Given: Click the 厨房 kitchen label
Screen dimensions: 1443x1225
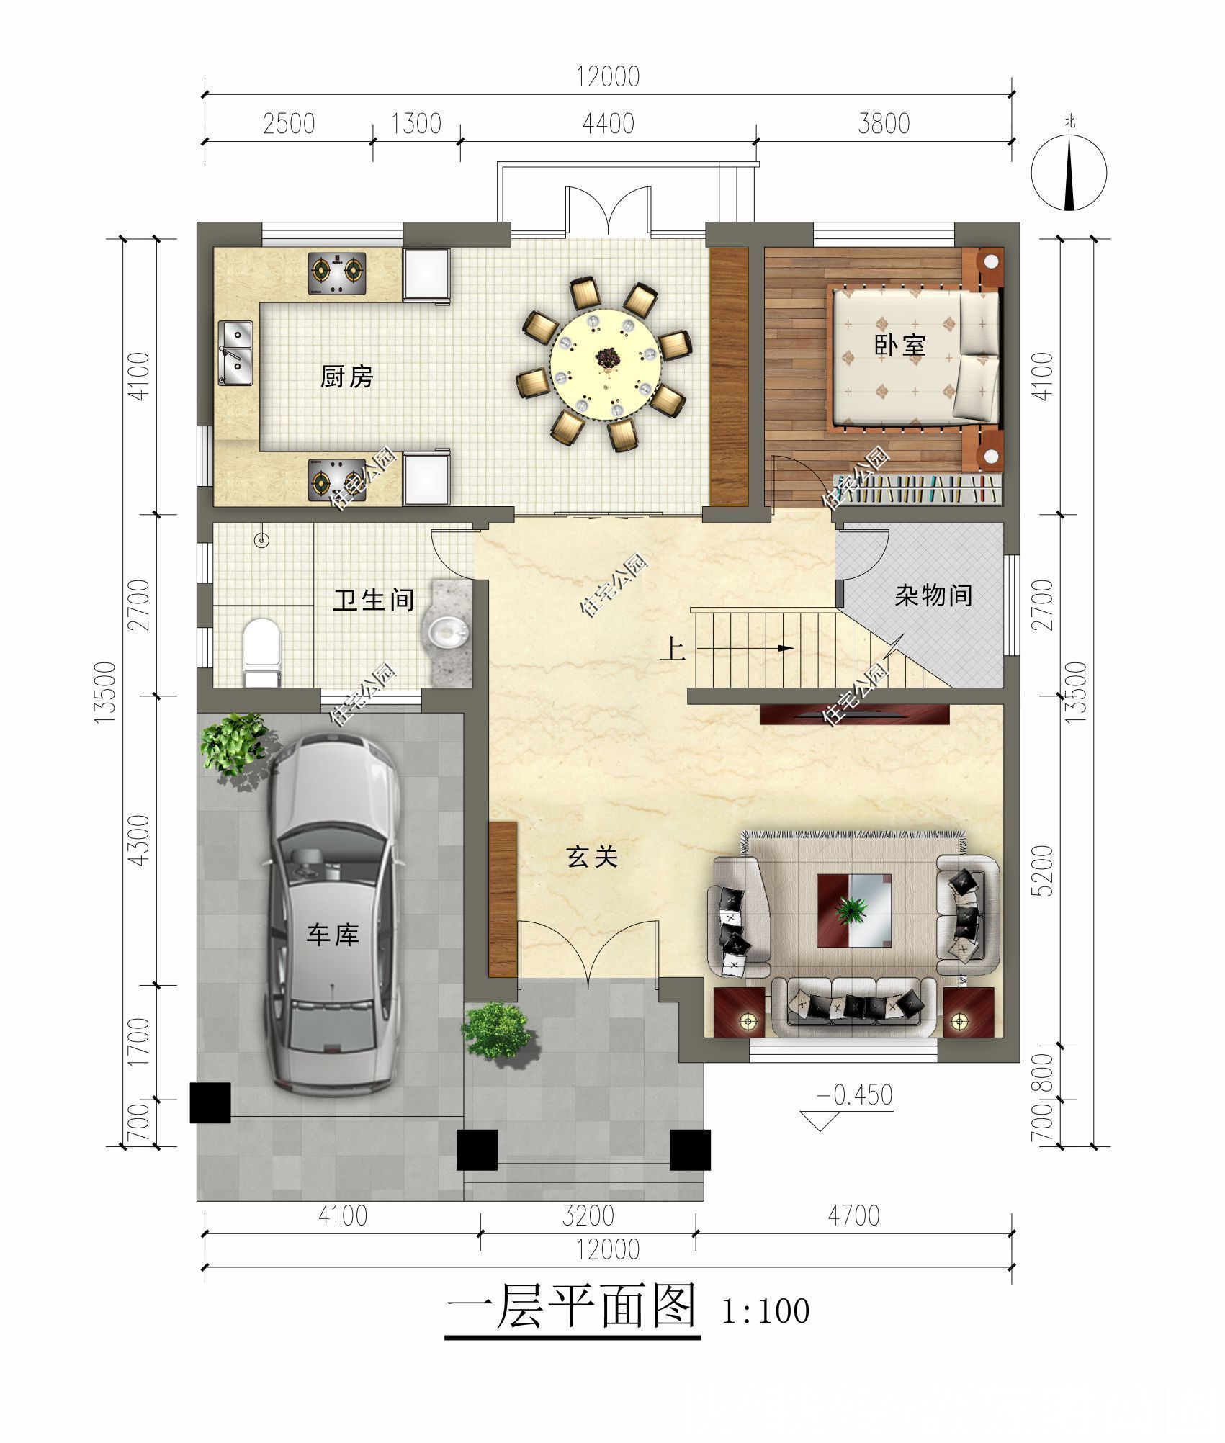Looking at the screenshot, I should coord(347,377).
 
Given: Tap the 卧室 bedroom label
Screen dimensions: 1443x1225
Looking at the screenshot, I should coord(899,345).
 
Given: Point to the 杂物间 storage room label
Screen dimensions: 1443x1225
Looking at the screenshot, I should coord(933,595).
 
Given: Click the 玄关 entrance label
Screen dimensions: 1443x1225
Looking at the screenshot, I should coord(592,857).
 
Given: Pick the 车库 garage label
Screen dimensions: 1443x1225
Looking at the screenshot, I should coord(333,935).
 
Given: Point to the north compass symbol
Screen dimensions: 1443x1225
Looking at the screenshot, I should coord(1069,173).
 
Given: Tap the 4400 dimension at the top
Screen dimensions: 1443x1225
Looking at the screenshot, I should coord(609,124).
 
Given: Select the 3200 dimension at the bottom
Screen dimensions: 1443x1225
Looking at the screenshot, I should coord(588,1215).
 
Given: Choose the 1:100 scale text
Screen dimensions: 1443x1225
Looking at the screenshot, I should coord(766,1311).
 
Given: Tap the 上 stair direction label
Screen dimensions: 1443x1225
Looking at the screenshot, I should coord(673,650).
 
